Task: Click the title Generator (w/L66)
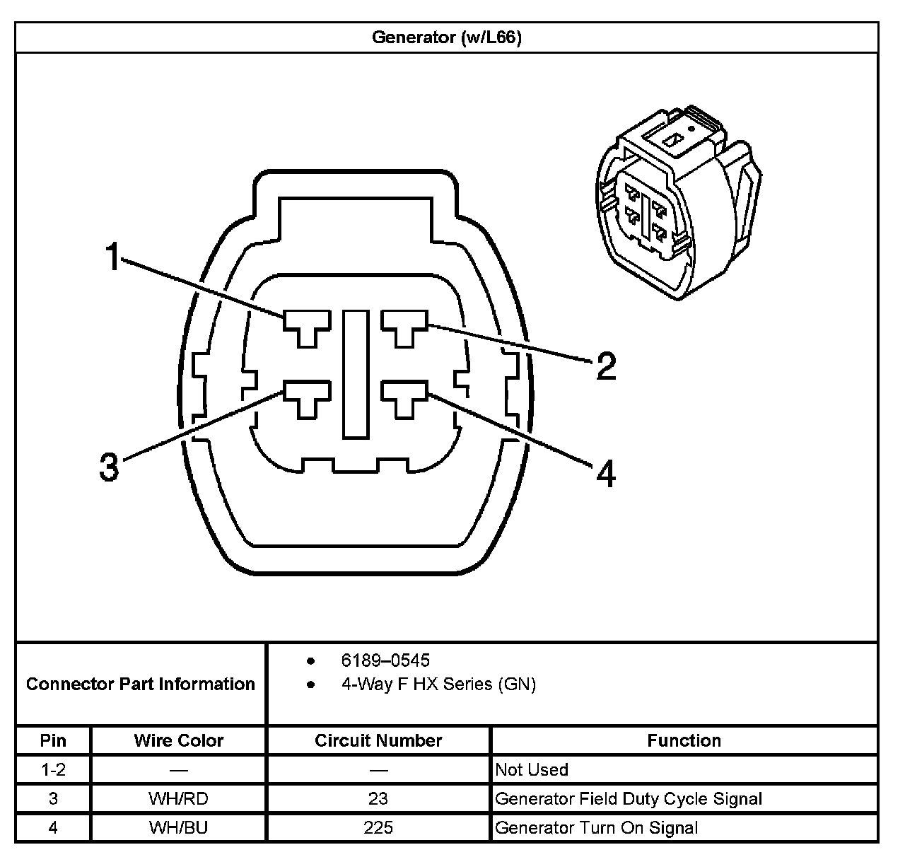tap(447, 37)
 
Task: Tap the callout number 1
tap(112, 256)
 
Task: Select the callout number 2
tap(606, 366)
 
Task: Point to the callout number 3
tap(109, 467)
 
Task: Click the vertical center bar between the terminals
tap(356, 374)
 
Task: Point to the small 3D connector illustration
tap(679, 203)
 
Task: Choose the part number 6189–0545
tap(385, 660)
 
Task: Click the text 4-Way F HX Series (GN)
tap(438, 684)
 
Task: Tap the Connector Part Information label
tap(141, 684)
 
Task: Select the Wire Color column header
tap(179, 740)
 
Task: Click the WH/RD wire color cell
tap(179, 798)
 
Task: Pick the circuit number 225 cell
tap(378, 827)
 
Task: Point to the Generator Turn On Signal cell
tap(596, 827)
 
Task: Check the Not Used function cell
tap(531, 769)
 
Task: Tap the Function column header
tap(684, 740)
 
